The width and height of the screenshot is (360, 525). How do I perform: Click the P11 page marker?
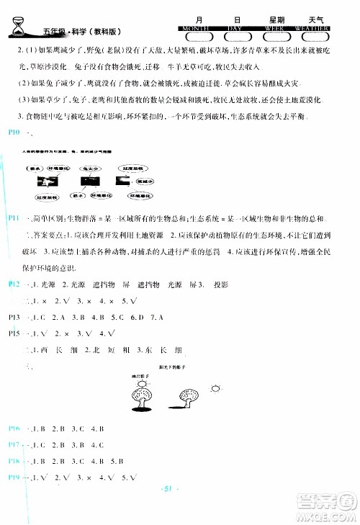pos(14,218)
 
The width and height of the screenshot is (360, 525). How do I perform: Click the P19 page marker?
pos(14,477)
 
